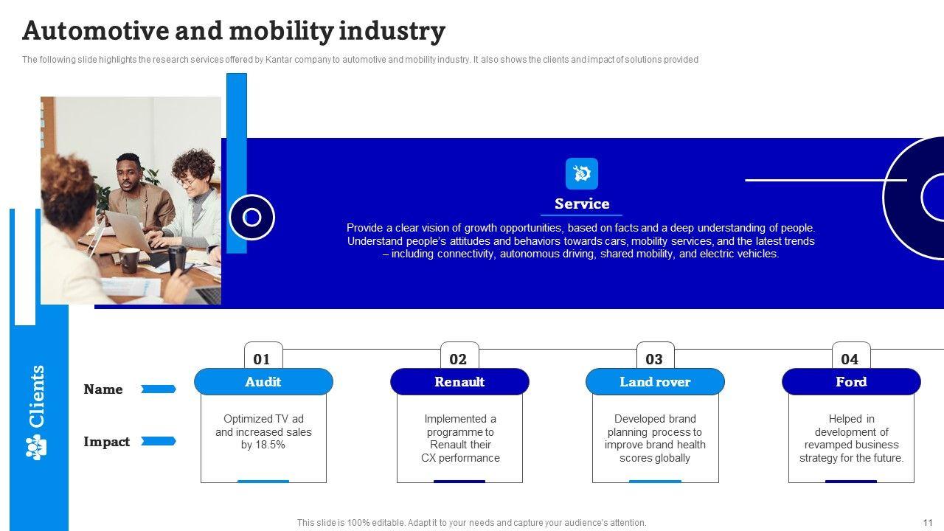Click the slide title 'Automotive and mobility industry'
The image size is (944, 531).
pos(234,31)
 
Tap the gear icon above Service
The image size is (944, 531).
pos(581,174)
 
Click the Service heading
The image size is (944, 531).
pos(581,204)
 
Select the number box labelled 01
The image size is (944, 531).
pos(262,359)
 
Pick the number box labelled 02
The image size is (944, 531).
pos(458,359)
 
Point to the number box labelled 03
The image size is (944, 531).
pos(654,359)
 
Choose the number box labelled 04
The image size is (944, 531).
pos(850,359)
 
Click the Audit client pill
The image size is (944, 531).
pos(263,382)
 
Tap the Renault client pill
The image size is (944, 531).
pos(459,382)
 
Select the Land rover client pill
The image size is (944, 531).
pos(655,382)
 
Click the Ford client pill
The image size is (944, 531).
pos(851,382)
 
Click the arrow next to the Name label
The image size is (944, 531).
pos(158,389)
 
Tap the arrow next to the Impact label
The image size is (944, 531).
pos(158,441)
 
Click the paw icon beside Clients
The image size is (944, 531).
pos(36,447)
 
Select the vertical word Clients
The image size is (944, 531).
pos(37,396)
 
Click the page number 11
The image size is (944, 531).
pos(928,522)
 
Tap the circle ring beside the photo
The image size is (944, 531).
pos(251,218)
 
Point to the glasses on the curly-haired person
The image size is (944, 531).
pos(187,181)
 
